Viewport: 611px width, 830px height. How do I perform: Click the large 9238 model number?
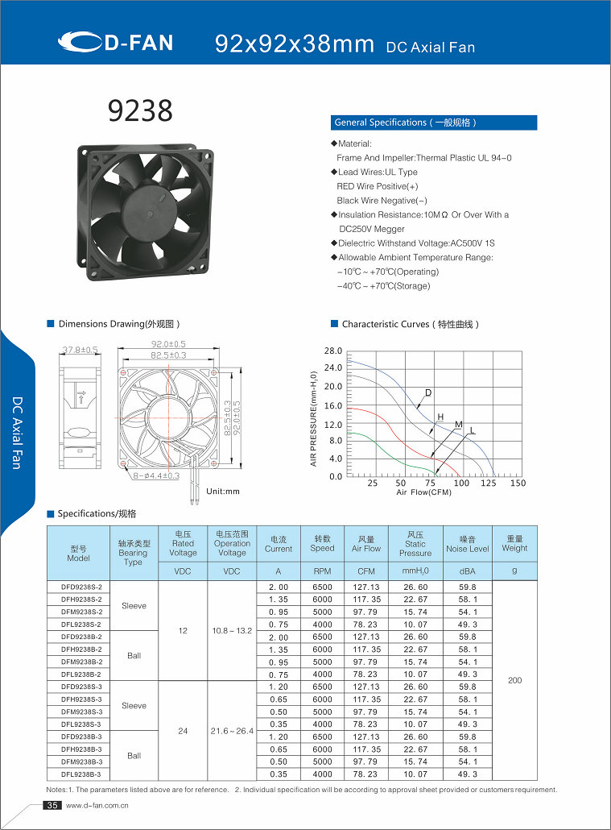click(x=141, y=111)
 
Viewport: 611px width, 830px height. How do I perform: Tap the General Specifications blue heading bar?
click(x=434, y=122)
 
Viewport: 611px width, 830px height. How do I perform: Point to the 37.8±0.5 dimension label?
click(x=80, y=350)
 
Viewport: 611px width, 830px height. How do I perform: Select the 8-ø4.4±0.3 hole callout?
click(x=156, y=476)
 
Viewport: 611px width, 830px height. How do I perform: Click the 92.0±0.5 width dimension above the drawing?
click(x=169, y=344)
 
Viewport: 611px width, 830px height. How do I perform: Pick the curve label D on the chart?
click(x=428, y=392)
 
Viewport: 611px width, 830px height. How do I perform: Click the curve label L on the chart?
click(x=473, y=431)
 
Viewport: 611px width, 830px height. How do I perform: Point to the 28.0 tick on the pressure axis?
click(x=333, y=351)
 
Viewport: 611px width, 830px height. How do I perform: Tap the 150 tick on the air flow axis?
click(x=518, y=483)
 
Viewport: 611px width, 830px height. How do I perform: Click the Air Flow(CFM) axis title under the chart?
click(x=423, y=492)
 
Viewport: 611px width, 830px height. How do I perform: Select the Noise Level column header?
click(x=468, y=544)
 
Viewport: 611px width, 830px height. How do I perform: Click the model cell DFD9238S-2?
click(x=81, y=587)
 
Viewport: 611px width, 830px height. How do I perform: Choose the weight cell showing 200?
click(x=514, y=680)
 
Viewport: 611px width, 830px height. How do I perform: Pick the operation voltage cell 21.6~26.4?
click(x=232, y=731)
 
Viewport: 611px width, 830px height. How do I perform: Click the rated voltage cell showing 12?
click(x=183, y=630)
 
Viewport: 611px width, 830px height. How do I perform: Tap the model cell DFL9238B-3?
click(x=81, y=774)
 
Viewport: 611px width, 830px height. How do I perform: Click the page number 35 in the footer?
click(x=52, y=806)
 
